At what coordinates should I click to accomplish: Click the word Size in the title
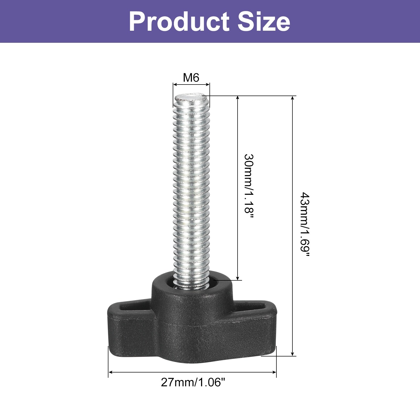pos(264,22)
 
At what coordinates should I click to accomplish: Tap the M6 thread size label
pos(191,78)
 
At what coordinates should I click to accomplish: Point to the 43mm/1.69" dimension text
pos(305,225)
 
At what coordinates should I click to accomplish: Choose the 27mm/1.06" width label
pos(193,382)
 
